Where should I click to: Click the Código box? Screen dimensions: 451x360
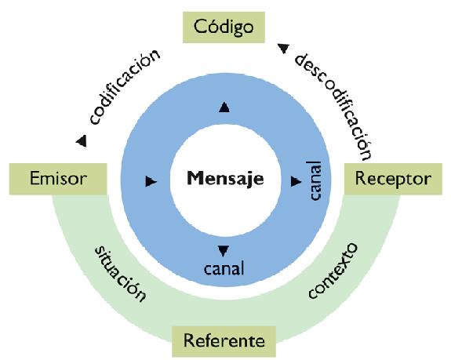224,27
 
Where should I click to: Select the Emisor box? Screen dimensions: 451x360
58,179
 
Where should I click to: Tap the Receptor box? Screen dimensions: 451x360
393,179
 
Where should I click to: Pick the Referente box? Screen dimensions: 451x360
224,341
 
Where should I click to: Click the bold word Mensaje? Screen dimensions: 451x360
225,178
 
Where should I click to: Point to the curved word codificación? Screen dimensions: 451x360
124,87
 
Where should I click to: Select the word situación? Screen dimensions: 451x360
120,274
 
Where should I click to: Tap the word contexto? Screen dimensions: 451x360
333,271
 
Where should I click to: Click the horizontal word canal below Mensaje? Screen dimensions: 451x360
224,268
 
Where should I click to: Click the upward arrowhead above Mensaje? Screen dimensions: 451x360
224,107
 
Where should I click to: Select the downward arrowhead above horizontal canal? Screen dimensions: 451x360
224,251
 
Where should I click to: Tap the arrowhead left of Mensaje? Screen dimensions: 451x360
151,181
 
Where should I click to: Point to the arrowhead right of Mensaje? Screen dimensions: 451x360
296,181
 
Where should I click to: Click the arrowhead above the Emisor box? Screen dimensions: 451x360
82,141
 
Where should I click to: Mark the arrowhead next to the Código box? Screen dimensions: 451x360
283,49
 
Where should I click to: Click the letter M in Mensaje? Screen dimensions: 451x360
196,178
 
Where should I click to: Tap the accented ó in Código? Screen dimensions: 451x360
213,27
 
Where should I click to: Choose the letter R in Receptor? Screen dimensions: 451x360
361,178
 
